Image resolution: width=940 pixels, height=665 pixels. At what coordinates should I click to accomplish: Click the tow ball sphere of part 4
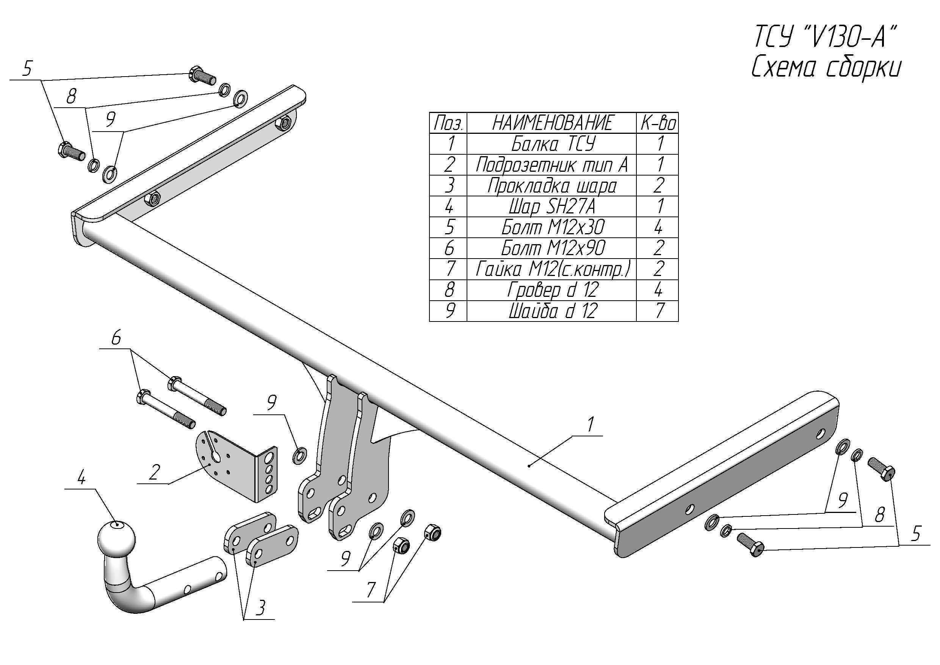tap(117, 538)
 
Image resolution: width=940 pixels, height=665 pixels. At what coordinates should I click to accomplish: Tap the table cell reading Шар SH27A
tap(552, 206)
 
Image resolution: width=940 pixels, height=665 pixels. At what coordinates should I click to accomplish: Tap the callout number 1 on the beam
tap(590, 425)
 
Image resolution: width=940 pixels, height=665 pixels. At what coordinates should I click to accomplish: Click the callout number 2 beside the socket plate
tap(154, 472)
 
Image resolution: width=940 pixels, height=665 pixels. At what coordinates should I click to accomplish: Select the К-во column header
tap(658, 123)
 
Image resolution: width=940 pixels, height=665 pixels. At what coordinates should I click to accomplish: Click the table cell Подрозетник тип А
tap(552, 165)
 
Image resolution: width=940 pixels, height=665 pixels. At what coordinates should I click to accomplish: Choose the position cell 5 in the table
tap(449, 227)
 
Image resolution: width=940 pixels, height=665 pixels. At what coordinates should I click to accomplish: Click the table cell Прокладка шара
tap(552, 186)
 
